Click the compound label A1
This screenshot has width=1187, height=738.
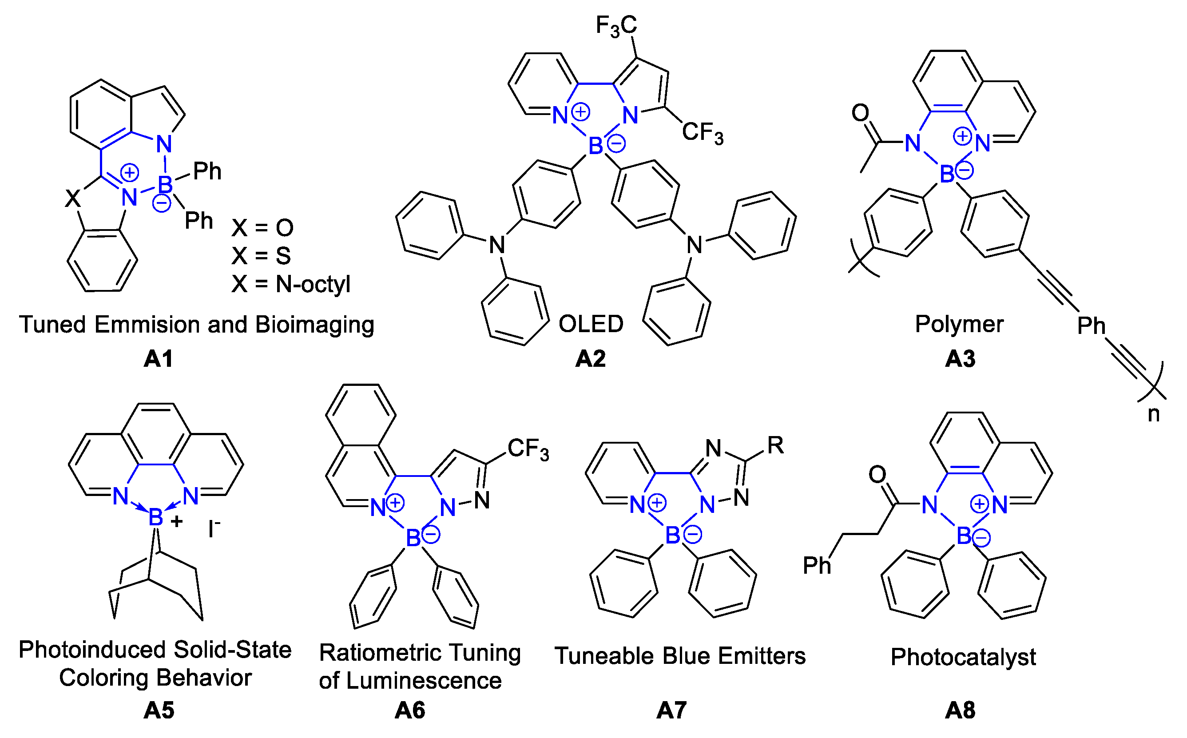[159, 359]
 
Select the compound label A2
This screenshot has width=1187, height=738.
[591, 359]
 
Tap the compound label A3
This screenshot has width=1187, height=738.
[960, 359]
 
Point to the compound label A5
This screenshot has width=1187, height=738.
[159, 710]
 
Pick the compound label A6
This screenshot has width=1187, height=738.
[410, 710]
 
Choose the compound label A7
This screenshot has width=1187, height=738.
[671, 710]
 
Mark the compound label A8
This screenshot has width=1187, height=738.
[960, 710]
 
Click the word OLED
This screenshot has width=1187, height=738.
[591, 324]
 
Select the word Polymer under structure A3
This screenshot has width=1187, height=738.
[959, 324]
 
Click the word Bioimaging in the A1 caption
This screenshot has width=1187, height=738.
[315, 325]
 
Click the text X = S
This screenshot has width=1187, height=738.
[262, 256]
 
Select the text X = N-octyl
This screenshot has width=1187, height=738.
[291, 284]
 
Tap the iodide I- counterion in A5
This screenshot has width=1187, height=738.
[214, 528]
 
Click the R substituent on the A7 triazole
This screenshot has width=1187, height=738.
[775, 445]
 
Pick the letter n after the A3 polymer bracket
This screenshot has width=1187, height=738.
[1153, 414]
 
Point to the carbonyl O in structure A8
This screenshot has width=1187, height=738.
[877, 474]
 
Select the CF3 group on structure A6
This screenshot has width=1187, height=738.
[528, 449]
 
